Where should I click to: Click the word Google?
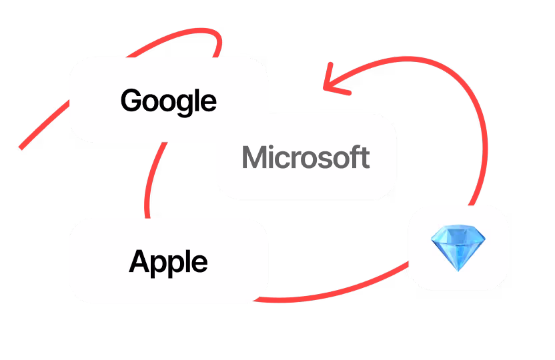(x=169, y=100)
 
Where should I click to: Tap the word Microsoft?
(x=306, y=157)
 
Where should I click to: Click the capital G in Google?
(x=131, y=100)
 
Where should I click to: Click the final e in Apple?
(x=199, y=263)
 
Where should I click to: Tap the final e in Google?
(x=209, y=102)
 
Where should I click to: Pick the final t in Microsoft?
(x=364, y=158)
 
